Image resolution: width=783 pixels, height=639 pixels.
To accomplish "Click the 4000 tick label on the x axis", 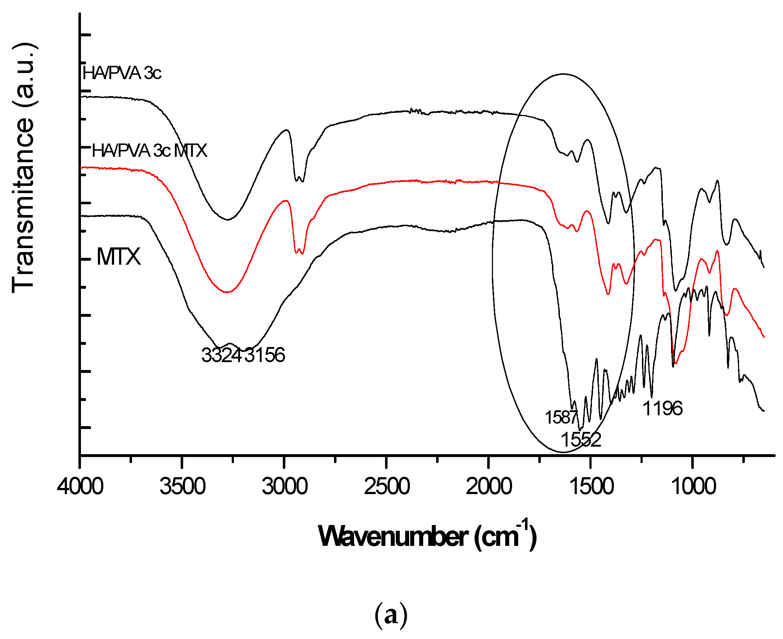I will click(x=80, y=487).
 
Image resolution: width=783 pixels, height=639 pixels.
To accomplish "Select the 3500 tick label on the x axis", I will click(x=182, y=487).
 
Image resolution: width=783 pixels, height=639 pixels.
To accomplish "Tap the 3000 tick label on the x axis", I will click(x=284, y=487).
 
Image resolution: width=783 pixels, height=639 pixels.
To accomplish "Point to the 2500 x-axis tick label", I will click(x=386, y=487).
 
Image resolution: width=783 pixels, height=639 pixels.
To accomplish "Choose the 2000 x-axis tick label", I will click(x=489, y=487).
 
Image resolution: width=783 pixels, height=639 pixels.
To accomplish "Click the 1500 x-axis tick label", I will click(x=591, y=487).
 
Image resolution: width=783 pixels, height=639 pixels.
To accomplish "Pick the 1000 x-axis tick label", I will click(x=693, y=487).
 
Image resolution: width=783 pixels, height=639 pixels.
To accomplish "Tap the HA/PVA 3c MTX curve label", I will click(x=149, y=151).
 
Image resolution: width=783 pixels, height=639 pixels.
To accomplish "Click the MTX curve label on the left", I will click(x=118, y=256).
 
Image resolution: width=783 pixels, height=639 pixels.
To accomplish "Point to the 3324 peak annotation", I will click(x=221, y=355).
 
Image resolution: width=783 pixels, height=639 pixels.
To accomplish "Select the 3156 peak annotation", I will click(x=264, y=355).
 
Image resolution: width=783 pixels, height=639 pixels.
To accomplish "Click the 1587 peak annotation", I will click(x=561, y=417).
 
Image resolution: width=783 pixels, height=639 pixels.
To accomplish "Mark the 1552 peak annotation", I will click(x=581, y=439).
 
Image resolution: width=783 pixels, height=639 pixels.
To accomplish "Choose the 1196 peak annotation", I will click(x=662, y=408).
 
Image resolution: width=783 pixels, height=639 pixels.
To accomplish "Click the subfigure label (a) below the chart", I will click(x=391, y=615).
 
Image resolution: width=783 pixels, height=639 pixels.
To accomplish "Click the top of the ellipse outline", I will click(x=563, y=74).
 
